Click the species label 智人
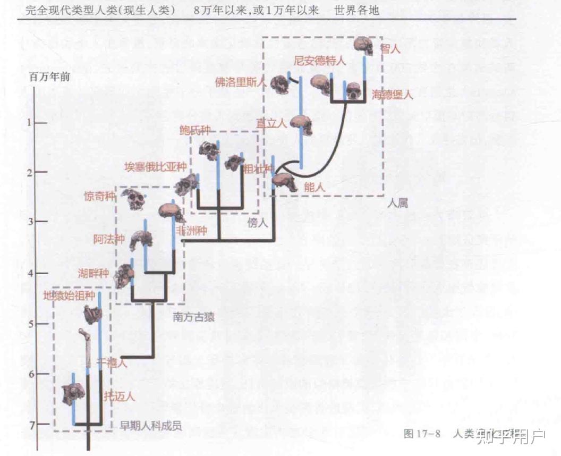coord(390,49)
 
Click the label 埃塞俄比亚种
coord(155,165)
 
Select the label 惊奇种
coord(99,196)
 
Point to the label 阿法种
coord(109,239)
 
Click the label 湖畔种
coord(93,274)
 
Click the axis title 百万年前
coord(49,76)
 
